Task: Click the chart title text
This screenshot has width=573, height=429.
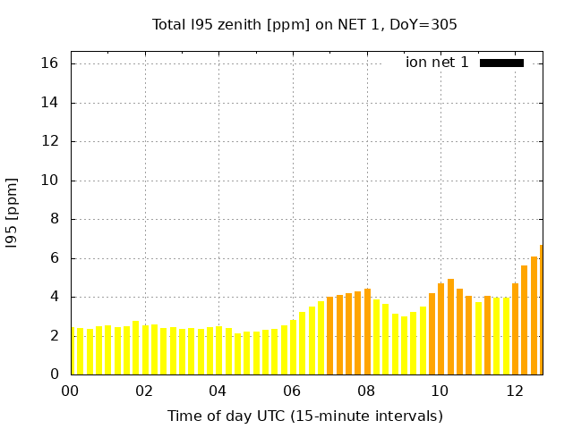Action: click(304, 25)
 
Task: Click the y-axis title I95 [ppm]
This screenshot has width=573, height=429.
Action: click(13, 213)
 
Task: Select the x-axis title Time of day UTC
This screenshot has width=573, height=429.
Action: click(304, 416)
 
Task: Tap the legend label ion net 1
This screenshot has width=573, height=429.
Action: click(437, 63)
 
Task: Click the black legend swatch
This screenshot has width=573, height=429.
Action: click(501, 63)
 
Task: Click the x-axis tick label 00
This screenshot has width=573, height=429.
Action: click(71, 391)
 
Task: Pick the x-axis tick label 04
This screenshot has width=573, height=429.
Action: click(218, 391)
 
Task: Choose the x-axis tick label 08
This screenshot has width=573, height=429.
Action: click(366, 391)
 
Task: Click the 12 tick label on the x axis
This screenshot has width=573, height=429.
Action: click(514, 391)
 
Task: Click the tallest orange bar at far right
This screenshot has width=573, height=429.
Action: click(541, 313)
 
